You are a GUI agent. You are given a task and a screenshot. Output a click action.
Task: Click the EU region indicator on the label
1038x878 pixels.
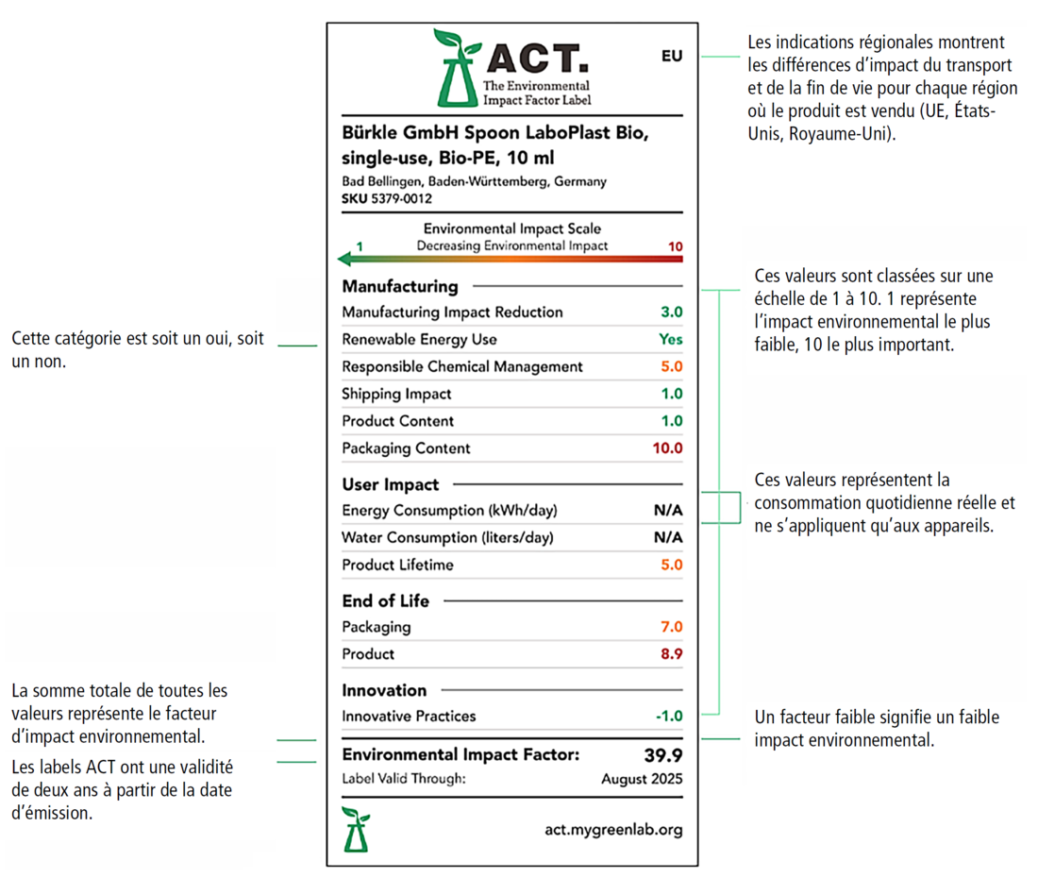point(671,57)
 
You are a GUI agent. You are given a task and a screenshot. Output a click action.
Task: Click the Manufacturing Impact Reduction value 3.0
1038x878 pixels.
point(671,312)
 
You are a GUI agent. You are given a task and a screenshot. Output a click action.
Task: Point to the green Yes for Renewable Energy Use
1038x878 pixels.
point(671,340)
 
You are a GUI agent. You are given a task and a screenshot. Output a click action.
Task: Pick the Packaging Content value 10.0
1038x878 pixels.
point(667,448)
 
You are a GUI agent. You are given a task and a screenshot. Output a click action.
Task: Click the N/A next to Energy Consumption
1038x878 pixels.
point(668,511)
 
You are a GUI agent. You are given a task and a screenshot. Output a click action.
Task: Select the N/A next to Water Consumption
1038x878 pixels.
point(668,538)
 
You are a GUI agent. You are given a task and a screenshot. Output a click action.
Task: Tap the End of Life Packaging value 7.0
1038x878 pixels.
point(672,627)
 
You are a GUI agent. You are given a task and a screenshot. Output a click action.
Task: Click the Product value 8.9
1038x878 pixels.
point(672,654)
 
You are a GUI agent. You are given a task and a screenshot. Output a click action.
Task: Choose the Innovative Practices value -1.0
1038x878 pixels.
point(669,717)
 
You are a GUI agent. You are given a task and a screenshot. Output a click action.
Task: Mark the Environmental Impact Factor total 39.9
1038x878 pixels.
point(662,755)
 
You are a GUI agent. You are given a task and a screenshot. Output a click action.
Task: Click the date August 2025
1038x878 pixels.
point(642,780)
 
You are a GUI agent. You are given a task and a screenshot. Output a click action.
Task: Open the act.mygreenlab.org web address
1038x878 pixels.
point(613,830)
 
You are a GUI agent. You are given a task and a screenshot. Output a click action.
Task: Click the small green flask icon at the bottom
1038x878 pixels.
point(356,829)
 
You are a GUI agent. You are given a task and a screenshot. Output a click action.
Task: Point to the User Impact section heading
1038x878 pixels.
point(390,485)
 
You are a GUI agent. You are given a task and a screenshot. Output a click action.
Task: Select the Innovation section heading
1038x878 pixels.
point(384,690)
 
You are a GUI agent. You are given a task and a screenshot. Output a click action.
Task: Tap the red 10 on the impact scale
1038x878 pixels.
point(675,247)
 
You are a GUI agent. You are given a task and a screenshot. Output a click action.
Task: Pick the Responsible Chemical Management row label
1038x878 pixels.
point(462,367)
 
